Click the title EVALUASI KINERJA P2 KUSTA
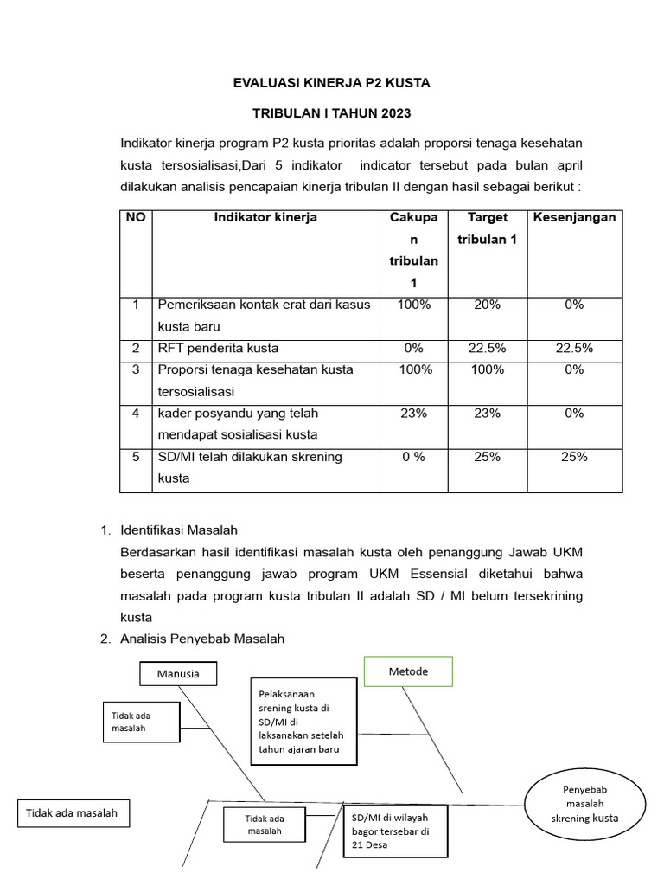point(331,83)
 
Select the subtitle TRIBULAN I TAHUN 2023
point(331,113)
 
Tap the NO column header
point(136,218)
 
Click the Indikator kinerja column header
point(265,218)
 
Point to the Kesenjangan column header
point(574,218)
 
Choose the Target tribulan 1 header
point(487,228)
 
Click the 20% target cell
point(487,305)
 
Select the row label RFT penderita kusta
point(218,349)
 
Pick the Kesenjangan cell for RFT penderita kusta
point(574,349)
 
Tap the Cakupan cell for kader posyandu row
point(413,414)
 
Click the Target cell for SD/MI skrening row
point(487,457)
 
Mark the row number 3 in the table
point(136,370)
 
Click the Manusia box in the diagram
point(178,673)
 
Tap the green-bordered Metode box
point(408,671)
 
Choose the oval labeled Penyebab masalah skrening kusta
point(584,804)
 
